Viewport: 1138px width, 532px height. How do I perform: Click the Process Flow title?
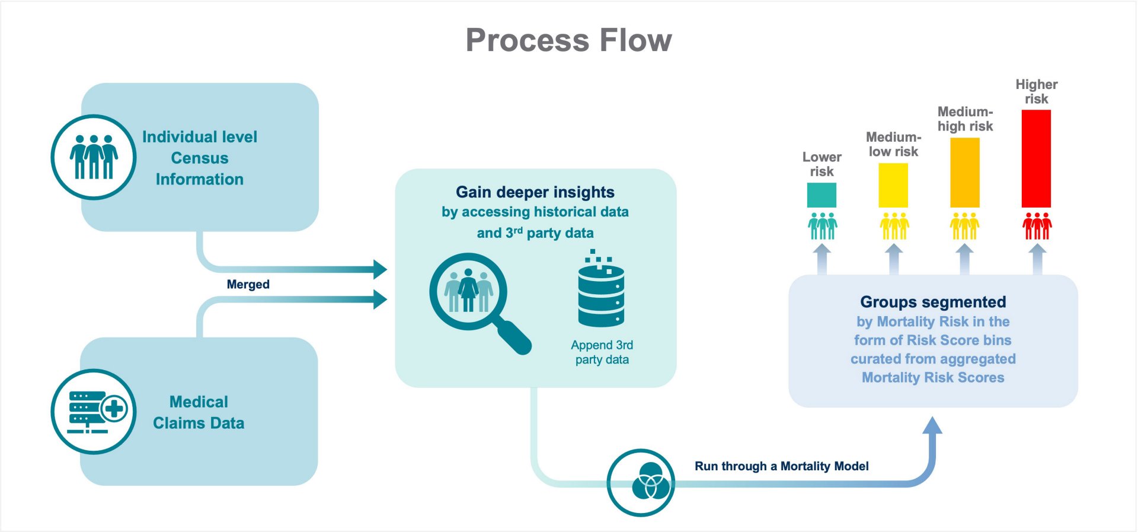(x=568, y=40)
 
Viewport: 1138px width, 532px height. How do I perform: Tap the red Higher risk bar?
(x=1036, y=158)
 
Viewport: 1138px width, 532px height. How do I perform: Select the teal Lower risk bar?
(x=821, y=195)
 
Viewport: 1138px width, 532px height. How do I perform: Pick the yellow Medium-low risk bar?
(x=893, y=185)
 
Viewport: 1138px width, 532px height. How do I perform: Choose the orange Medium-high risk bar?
(x=964, y=173)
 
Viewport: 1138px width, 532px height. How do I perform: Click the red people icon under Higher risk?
(x=1037, y=226)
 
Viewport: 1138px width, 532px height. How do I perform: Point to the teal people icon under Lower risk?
(x=822, y=226)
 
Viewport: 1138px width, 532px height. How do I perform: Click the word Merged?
(x=248, y=284)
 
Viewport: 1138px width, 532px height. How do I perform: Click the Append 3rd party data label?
(x=602, y=352)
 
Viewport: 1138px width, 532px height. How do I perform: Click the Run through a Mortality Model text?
(x=781, y=466)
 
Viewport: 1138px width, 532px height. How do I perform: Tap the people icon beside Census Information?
(x=94, y=157)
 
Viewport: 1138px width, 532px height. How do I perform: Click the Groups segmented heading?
(x=933, y=302)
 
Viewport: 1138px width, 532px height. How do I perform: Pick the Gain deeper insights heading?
(x=535, y=192)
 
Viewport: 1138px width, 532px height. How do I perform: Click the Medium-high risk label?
(x=964, y=119)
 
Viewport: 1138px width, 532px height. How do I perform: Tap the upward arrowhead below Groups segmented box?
(x=932, y=425)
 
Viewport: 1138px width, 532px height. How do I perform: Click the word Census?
(x=199, y=158)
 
